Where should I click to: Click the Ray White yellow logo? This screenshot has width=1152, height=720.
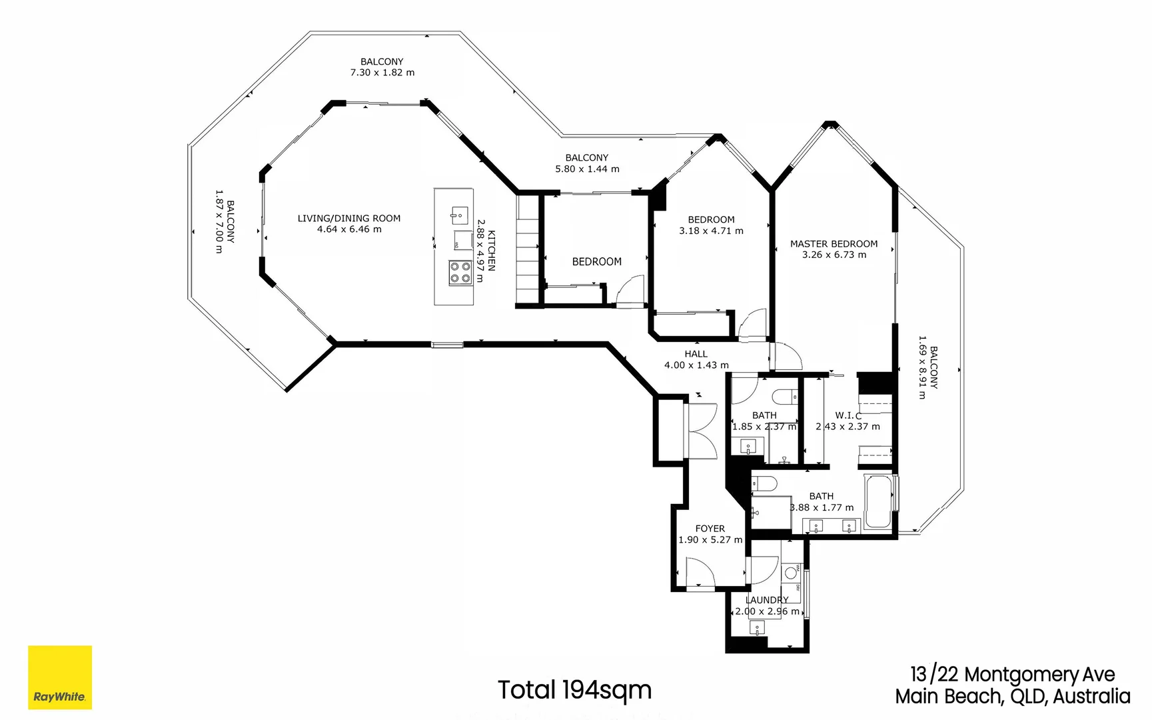tap(60, 677)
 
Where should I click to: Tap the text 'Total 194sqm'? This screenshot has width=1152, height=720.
tap(574, 690)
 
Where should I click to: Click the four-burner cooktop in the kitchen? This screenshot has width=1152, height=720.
tap(460, 273)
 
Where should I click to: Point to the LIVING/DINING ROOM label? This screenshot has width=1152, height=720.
tap(348, 218)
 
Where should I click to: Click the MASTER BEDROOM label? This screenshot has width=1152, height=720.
tap(834, 244)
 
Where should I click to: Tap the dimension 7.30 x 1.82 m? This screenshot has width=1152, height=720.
tap(382, 73)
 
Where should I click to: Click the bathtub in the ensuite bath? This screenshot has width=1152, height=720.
tap(879, 502)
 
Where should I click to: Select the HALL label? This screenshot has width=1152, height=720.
tap(696, 354)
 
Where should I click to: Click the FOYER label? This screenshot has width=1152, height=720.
tap(710, 529)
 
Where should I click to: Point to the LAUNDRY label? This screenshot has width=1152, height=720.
tap(766, 600)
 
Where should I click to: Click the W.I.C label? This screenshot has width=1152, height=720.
tap(848, 415)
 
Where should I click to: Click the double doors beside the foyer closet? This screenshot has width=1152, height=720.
tap(702, 431)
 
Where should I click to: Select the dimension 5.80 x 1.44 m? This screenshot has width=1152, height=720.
tap(587, 169)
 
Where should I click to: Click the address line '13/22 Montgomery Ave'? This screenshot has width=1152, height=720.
tap(1012, 675)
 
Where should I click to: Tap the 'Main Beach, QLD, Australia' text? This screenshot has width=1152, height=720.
tap(1012, 697)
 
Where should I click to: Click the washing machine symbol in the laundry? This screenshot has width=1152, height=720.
tap(791, 572)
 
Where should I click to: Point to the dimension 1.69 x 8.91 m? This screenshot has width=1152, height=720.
tap(922, 367)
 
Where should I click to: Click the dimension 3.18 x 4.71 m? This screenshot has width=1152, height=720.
tap(711, 231)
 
